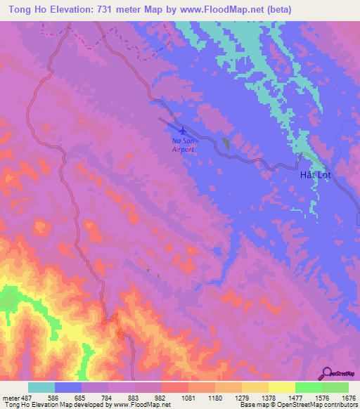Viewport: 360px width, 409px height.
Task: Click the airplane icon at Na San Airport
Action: [183, 131]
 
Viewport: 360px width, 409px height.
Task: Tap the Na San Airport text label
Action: [183, 145]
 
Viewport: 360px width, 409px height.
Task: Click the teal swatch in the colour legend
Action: [41, 387]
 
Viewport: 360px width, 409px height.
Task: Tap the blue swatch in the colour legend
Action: [68, 387]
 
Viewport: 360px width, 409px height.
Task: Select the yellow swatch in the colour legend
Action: [282, 387]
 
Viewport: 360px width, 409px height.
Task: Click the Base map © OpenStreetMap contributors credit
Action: [300, 405]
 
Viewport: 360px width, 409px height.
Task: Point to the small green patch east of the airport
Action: [225, 143]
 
